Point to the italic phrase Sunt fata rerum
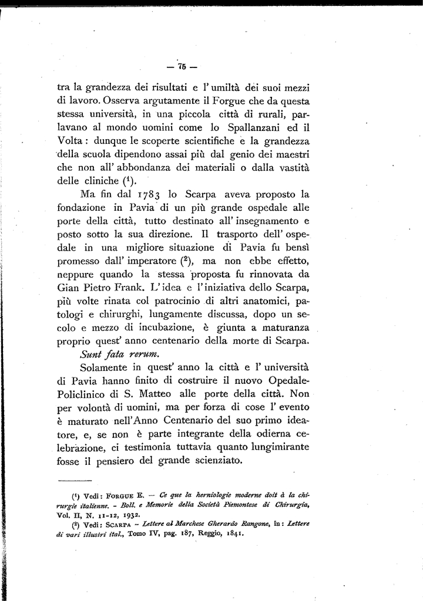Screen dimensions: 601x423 click(115, 354)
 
